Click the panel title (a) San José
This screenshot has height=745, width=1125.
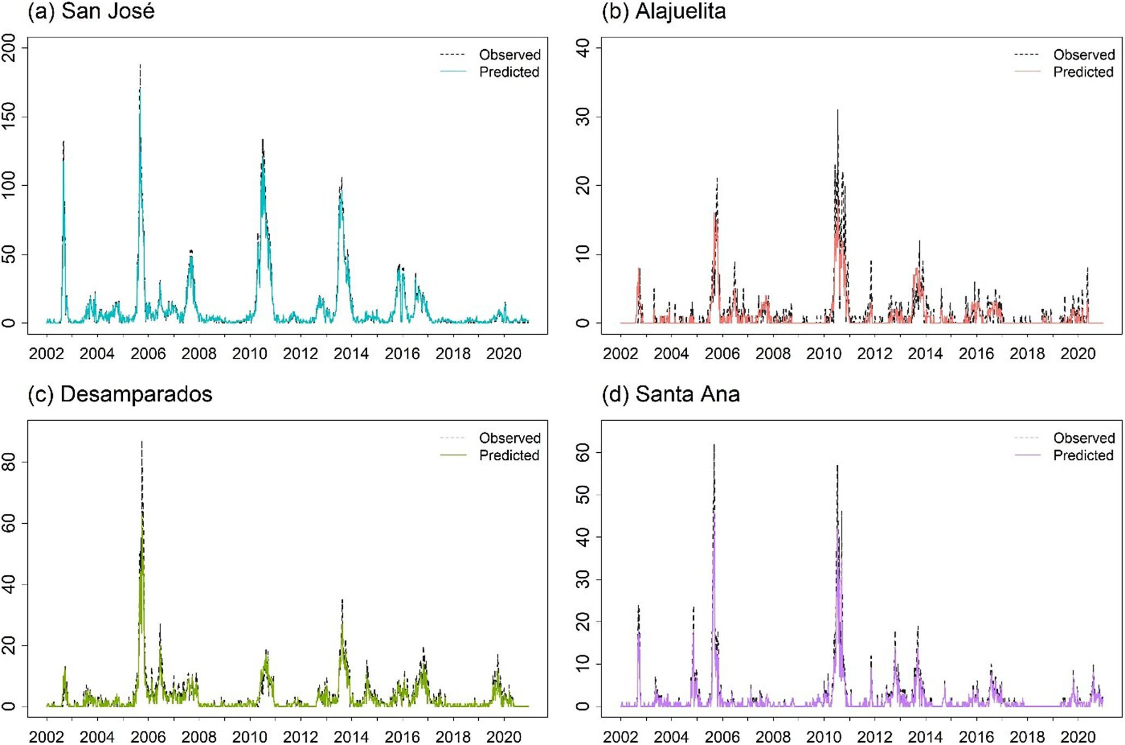(x=91, y=11)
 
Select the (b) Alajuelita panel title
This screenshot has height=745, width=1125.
(x=664, y=11)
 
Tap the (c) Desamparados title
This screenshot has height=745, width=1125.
(x=120, y=394)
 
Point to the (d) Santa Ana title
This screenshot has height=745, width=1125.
(x=671, y=394)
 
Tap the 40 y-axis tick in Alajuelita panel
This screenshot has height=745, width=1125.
(x=583, y=48)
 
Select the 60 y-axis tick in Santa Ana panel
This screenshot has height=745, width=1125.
(x=583, y=452)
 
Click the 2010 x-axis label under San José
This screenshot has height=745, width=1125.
(x=249, y=354)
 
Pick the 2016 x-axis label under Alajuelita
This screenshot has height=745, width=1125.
(x=976, y=354)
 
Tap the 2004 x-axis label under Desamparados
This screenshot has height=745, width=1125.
(x=97, y=737)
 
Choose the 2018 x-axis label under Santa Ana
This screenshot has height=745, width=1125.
(x=1027, y=737)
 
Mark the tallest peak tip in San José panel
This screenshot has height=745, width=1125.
(x=140, y=64)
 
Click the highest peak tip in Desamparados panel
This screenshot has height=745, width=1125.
(x=142, y=441)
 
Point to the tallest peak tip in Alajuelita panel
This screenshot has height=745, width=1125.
(x=837, y=110)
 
